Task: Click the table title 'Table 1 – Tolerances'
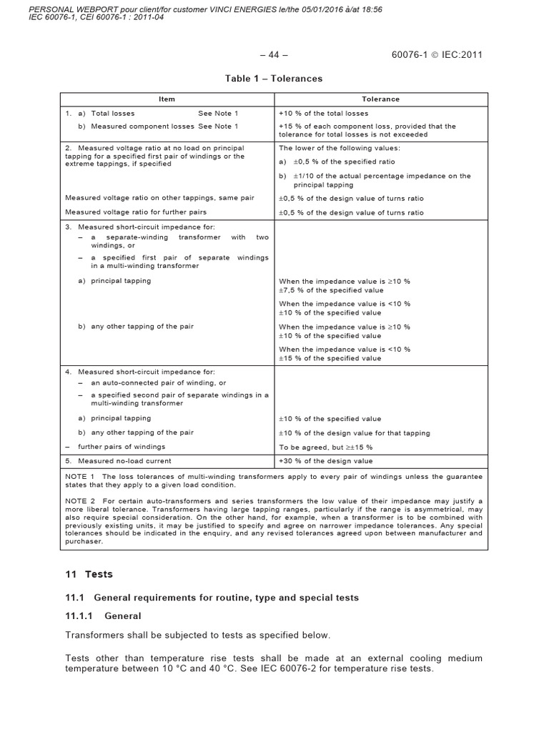tap(274, 79)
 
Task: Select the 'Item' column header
tap(166, 99)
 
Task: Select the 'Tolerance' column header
tap(380, 99)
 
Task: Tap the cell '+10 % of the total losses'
tap(323, 113)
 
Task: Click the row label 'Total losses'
tap(112, 113)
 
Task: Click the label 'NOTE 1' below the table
tap(80, 476)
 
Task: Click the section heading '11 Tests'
tap(89, 574)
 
